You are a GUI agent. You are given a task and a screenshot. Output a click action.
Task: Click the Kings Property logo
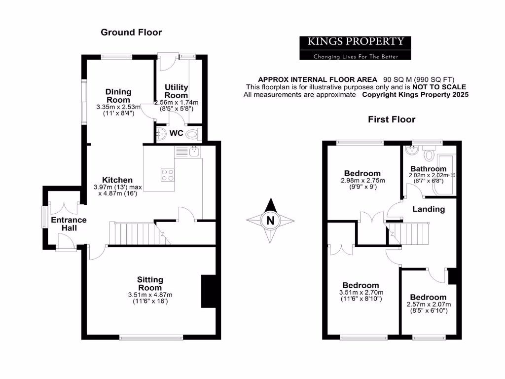coord(356,48)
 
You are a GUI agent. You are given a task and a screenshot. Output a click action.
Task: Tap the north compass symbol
coord(270,220)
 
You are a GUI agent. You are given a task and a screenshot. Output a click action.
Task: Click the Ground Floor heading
coord(131,33)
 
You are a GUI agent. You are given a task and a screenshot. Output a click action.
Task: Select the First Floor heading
coord(392,119)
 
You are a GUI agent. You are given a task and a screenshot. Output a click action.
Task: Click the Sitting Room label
coord(150,284)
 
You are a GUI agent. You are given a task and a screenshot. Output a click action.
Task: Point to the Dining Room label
coord(118,95)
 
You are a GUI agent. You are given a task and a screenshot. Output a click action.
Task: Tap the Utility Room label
coord(176,91)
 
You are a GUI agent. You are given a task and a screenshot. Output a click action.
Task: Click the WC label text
coord(177,134)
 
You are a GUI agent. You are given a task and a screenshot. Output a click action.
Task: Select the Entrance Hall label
coord(69,224)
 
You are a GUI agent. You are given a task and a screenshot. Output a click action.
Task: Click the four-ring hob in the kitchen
coord(167,175)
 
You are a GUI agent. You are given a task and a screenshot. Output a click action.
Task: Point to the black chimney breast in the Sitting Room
coord(208,291)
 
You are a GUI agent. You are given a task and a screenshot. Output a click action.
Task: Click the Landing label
coord(429,209)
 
